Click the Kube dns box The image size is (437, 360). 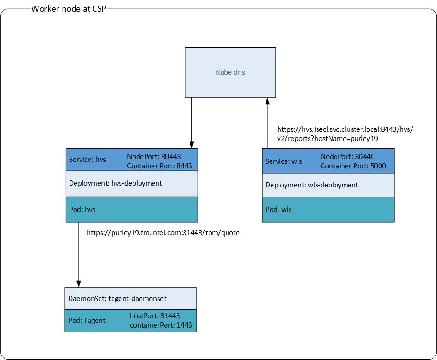click(x=230, y=72)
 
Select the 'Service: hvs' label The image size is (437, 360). click(x=88, y=160)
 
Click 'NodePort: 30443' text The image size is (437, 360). click(x=154, y=157)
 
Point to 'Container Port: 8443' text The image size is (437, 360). click(x=159, y=166)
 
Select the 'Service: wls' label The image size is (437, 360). click(x=284, y=161)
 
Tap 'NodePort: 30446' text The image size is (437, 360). click(x=348, y=157)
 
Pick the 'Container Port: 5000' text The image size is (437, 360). click(x=353, y=166)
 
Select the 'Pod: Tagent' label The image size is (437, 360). click(x=87, y=320)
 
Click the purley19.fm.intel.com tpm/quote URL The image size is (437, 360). click(x=163, y=233)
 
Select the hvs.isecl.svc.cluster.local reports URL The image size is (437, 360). click(x=345, y=134)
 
